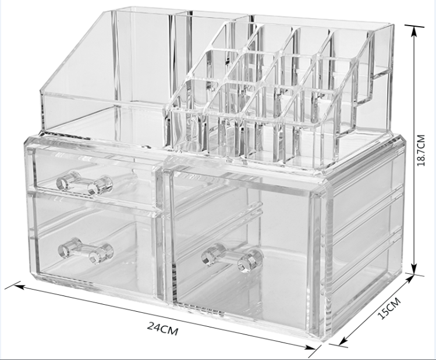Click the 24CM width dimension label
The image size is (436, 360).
(162, 329)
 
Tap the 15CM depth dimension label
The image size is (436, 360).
(389, 308)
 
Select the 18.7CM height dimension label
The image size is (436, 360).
(421, 150)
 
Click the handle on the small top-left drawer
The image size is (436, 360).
(84, 183)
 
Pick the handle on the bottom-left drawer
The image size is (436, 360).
(86, 251)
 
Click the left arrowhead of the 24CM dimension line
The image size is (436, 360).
(17, 286)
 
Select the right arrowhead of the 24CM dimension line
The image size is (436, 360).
(311, 347)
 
